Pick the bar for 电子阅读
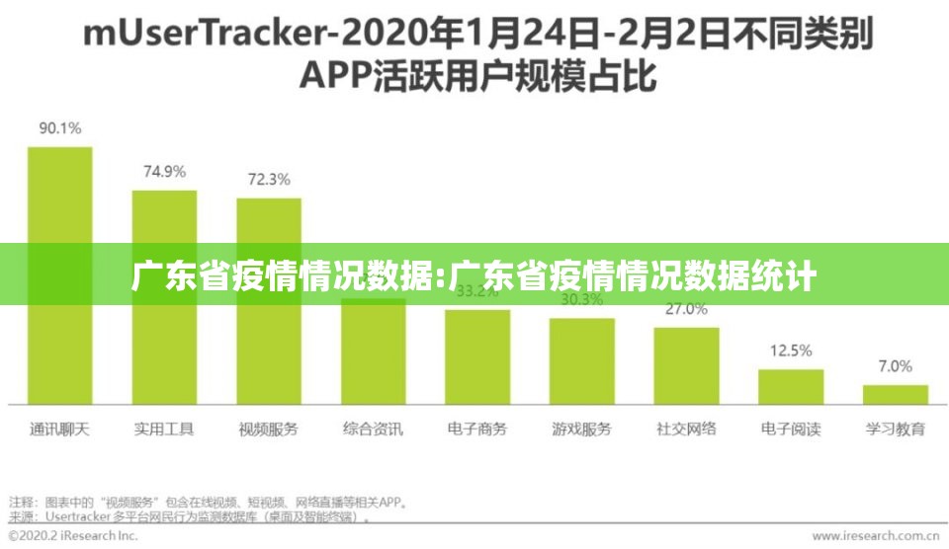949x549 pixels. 791,386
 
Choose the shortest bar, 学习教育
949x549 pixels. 896,394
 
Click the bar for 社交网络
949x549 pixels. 686,365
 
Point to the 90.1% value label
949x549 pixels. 60,128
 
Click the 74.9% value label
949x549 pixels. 164,171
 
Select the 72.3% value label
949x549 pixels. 269,180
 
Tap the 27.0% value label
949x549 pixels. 686,309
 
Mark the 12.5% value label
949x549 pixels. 791,351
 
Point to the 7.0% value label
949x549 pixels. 896,366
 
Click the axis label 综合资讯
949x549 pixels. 373,430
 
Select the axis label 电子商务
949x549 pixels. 477,430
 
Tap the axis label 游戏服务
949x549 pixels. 581,430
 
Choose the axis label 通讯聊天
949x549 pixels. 60,430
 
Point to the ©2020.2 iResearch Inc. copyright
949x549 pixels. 71,536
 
